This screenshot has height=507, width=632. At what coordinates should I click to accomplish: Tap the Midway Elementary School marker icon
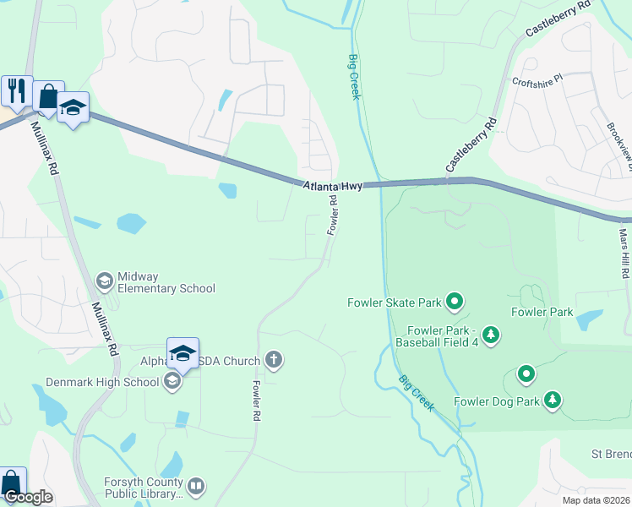(105, 281)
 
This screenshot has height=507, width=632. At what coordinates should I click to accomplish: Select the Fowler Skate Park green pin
(455, 301)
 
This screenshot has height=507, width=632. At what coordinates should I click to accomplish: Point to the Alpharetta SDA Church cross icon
(273, 361)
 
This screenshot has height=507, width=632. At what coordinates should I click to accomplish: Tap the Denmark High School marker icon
(172, 382)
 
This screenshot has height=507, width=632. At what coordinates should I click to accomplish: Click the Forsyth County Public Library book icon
(196, 486)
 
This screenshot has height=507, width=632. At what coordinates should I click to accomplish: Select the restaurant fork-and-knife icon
(16, 89)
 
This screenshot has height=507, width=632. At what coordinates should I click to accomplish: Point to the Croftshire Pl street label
(537, 82)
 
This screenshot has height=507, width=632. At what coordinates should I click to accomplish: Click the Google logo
(28, 497)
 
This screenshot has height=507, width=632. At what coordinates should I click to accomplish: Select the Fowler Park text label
(542, 312)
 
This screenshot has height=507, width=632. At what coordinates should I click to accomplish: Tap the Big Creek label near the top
(354, 77)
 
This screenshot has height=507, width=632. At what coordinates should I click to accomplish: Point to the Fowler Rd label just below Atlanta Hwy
(333, 215)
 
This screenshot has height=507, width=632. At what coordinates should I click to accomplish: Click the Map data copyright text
(596, 500)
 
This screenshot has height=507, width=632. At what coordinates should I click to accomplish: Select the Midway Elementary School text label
(166, 282)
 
